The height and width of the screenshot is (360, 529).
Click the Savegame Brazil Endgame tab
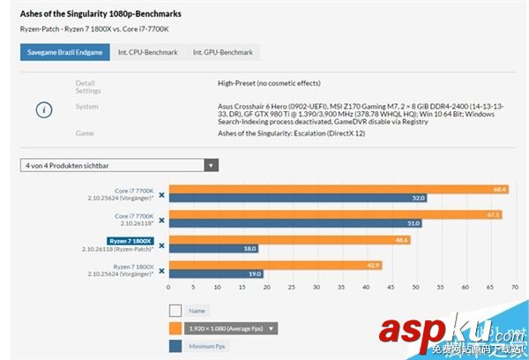click(65, 53)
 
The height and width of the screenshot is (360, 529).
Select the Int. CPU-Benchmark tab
click(145, 53)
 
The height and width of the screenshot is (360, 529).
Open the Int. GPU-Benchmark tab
click(220, 53)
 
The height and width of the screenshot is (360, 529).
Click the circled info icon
click(44, 109)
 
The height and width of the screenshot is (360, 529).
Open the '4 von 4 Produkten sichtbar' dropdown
click(120, 165)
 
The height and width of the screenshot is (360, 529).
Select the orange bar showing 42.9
click(274, 265)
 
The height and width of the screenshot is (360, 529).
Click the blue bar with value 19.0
click(216, 274)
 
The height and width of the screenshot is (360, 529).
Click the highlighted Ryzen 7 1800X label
click(130, 240)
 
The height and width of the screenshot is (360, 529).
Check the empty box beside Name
click(175, 311)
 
